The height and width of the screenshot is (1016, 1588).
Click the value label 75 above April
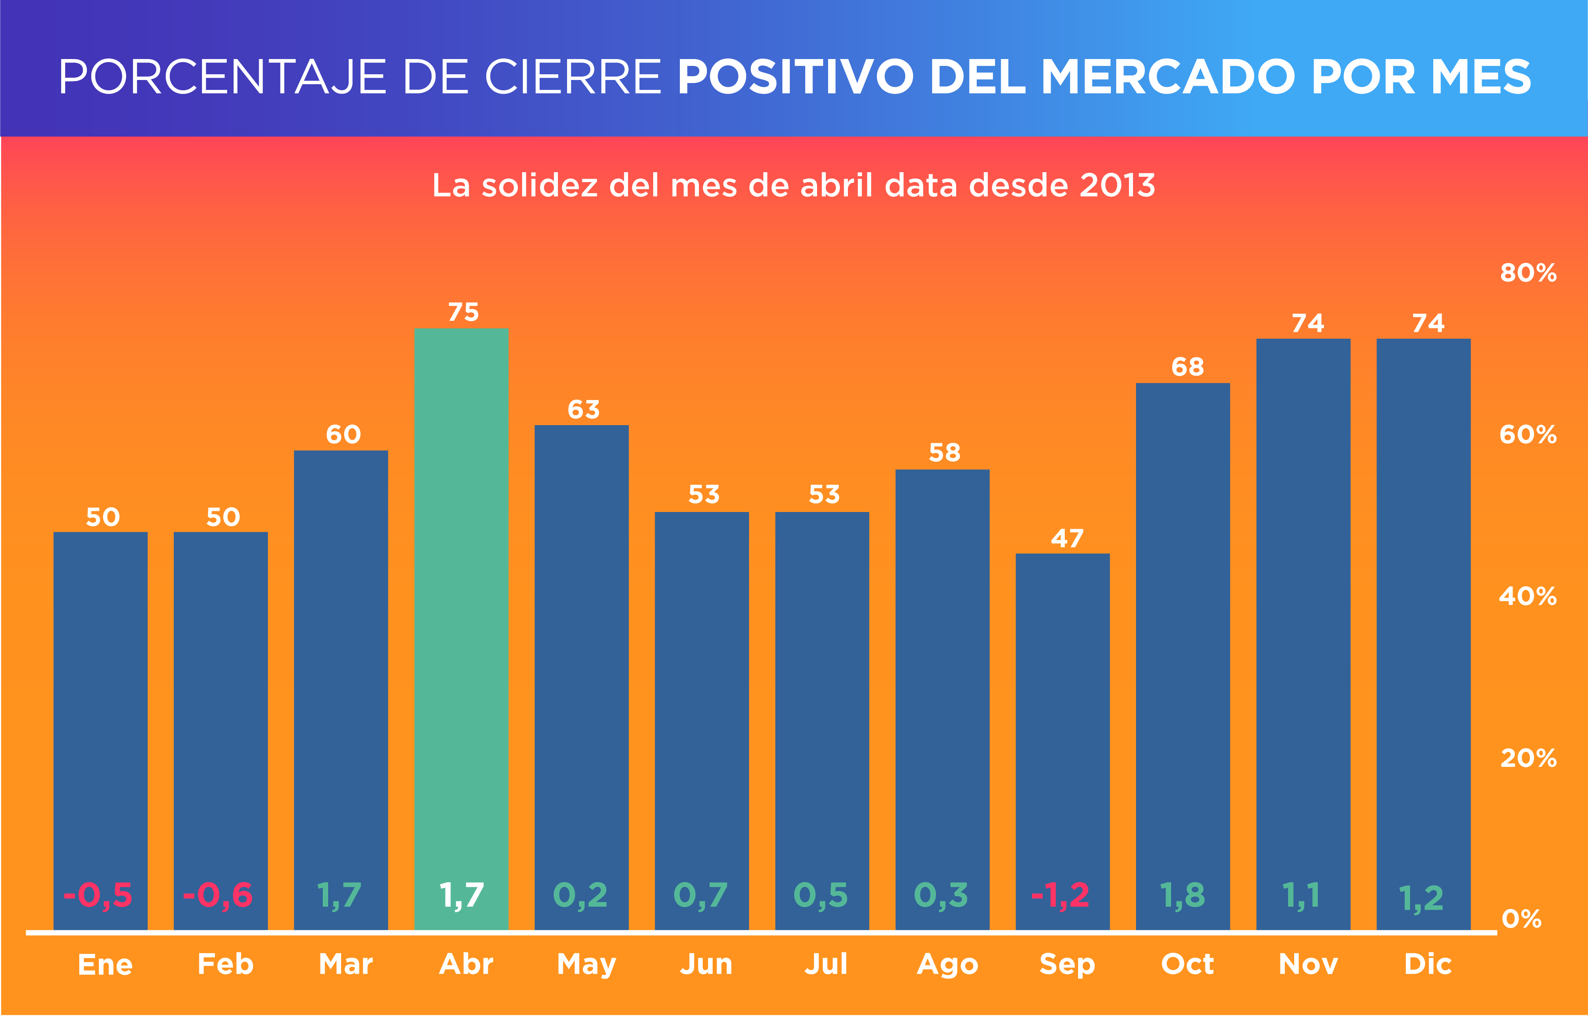(x=463, y=312)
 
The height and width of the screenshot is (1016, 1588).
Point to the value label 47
(x=1067, y=538)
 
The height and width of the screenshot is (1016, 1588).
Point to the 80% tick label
(x=1528, y=272)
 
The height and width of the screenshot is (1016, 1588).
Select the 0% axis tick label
(x=1521, y=918)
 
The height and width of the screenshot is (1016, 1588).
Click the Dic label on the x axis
(x=1428, y=964)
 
